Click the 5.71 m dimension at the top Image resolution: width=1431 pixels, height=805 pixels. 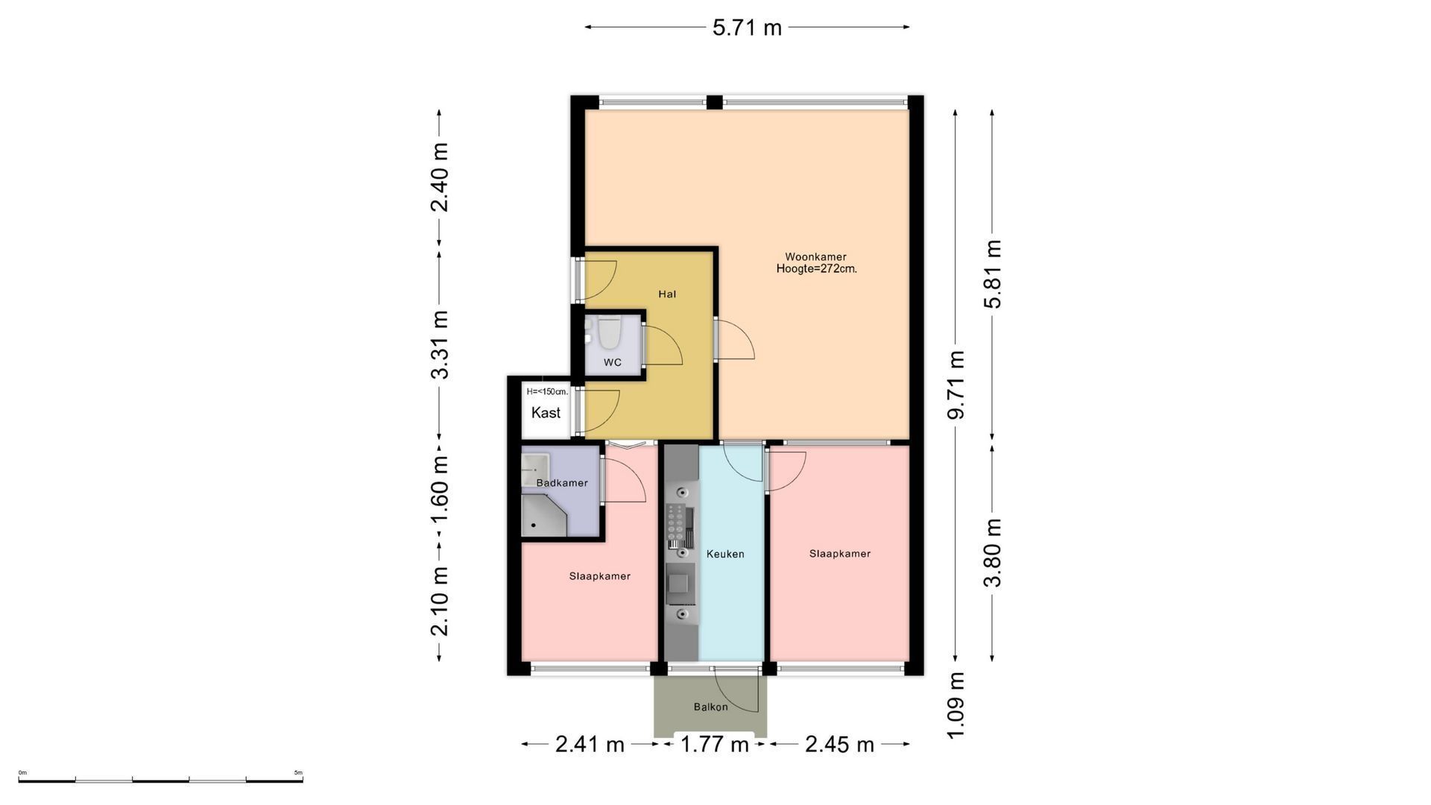click(747, 28)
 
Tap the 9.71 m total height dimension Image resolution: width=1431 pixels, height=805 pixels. click(955, 385)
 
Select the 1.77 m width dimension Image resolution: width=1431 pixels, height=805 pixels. click(714, 744)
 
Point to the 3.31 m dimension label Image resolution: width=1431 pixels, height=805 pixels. click(440, 344)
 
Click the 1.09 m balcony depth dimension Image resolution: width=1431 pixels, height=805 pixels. click(955, 705)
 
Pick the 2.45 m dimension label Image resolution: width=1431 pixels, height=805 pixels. click(839, 744)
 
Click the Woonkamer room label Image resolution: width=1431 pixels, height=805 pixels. click(815, 257)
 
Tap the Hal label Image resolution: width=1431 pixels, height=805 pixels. click(667, 294)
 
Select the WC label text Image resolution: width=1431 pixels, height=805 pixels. click(613, 363)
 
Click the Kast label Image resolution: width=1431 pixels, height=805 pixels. click(546, 413)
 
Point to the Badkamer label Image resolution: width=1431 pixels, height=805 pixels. click(562, 483)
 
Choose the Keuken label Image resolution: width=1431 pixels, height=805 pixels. click(725, 554)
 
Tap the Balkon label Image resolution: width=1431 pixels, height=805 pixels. click(710, 707)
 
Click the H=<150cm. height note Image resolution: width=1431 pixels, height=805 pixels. click(547, 391)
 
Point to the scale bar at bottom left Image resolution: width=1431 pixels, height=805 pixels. click(160, 780)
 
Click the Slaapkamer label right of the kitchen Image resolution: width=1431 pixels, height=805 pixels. click(840, 554)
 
